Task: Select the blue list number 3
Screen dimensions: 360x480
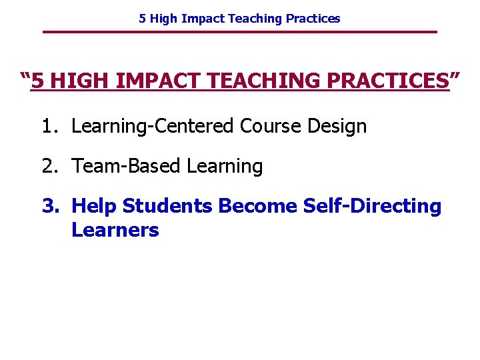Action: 50,207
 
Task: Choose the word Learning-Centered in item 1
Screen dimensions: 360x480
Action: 153,126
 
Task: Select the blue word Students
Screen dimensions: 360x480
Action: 167,207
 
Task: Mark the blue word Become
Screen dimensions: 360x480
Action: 257,207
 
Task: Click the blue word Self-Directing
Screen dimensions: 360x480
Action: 372,207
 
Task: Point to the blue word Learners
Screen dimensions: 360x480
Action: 115,231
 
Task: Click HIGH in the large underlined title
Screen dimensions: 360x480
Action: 81,82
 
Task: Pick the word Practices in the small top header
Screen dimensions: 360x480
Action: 313,19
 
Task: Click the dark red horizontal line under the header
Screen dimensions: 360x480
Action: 240,32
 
